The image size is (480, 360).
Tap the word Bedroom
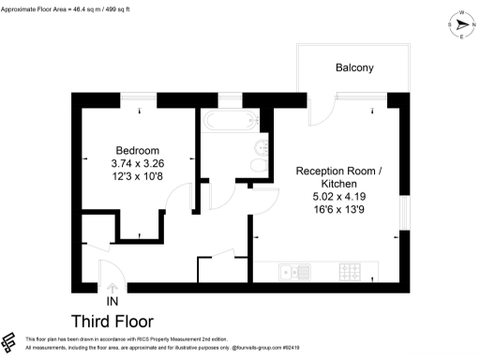(x=137, y=151)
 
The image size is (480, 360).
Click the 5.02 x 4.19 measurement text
(x=338, y=198)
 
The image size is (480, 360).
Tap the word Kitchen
(x=338, y=185)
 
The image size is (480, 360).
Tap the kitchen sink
(x=291, y=273)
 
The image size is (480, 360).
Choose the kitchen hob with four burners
(x=351, y=273)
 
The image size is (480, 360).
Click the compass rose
(x=460, y=26)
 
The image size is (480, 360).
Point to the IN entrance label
(x=112, y=301)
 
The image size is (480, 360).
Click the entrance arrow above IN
(x=112, y=287)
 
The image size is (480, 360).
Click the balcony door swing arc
(x=319, y=111)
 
